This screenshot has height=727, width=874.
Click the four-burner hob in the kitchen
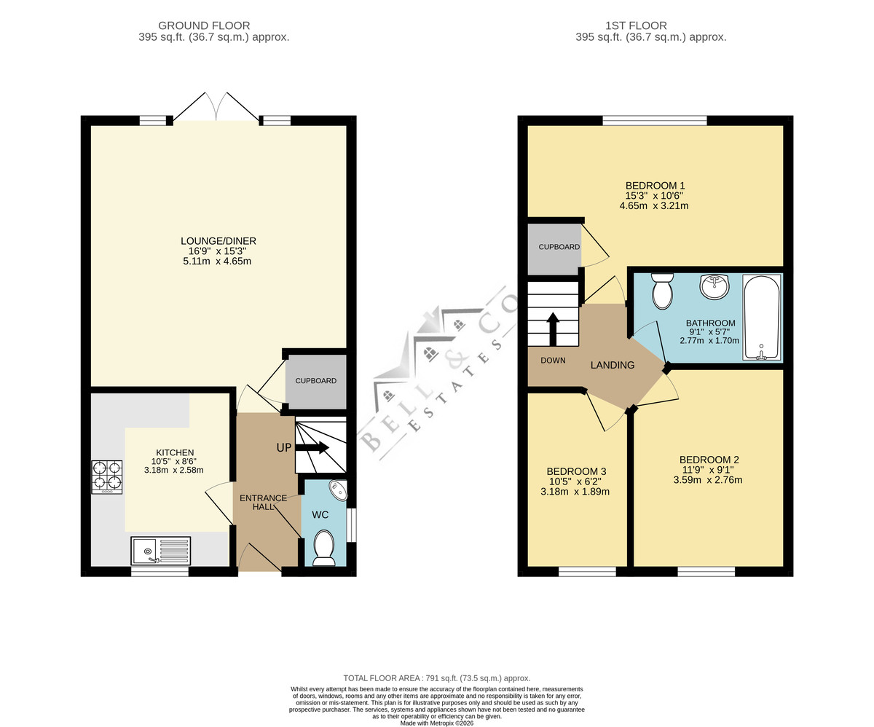coord(107,477)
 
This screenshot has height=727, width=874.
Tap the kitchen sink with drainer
coord(161,551)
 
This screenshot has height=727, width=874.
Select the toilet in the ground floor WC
coord(324,549)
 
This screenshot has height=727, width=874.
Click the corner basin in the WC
coord(338,490)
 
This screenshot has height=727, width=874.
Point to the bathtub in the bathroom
coord(761,318)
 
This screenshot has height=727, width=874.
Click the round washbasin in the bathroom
coord(714,286)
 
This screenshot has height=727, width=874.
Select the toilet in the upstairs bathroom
coord(662,291)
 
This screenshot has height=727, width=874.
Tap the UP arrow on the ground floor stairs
coord(312,447)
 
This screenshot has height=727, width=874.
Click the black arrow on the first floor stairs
coord(554,329)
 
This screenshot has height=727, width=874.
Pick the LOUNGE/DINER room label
coord(219,241)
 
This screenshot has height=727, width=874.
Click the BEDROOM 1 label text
coord(655,186)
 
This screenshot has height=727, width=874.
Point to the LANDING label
coord(613,365)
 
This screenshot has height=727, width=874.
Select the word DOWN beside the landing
coord(553,361)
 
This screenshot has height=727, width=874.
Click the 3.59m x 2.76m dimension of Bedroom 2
coord(708,480)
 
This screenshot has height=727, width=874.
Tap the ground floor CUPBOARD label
coord(316,381)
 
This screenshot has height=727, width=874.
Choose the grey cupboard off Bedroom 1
coord(554,249)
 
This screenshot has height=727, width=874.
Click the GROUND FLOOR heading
coord(204,25)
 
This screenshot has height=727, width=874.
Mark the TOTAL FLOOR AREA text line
coord(437,678)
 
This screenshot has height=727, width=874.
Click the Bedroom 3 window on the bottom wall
coord(587,572)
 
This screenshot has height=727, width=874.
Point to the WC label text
coord(320,515)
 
